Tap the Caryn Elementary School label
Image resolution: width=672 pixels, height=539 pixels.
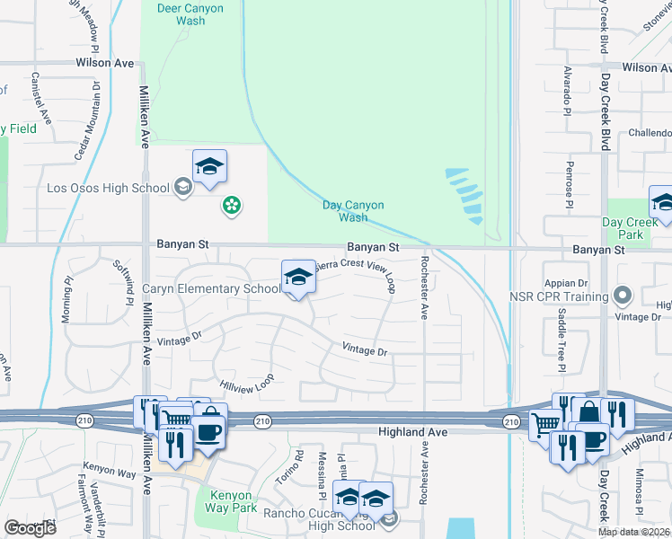pyautogui.click(x=212, y=289)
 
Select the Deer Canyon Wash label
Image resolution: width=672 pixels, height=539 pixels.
pyautogui.click(x=190, y=14)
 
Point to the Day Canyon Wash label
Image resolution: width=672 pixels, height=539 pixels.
pyautogui.click(x=345, y=211)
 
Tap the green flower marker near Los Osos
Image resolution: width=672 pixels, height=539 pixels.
pyautogui.click(x=232, y=206)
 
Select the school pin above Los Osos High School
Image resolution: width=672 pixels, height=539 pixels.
pyautogui.click(x=209, y=166)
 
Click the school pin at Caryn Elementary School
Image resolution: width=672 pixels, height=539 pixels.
pyautogui.click(x=299, y=278)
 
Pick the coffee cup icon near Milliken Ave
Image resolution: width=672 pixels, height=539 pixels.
pyautogui.click(x=208, y=431)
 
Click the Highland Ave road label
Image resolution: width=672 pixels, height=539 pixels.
pyautogui.click(x=413, y=432)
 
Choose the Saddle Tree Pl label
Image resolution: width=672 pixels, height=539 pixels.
pyautogui.click(x=561, y=339)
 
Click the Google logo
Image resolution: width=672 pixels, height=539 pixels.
pyautogui.click(x=30, y=528)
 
